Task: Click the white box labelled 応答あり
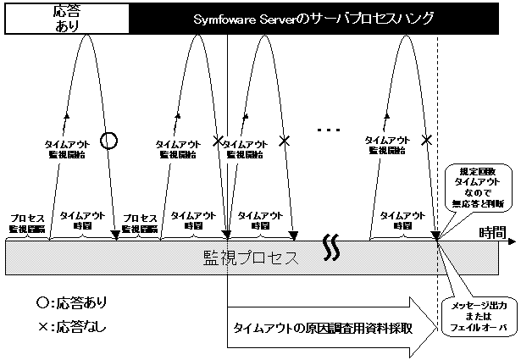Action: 66,18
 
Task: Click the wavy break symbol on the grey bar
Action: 331,247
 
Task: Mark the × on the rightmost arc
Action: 426,140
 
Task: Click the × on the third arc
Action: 285,140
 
